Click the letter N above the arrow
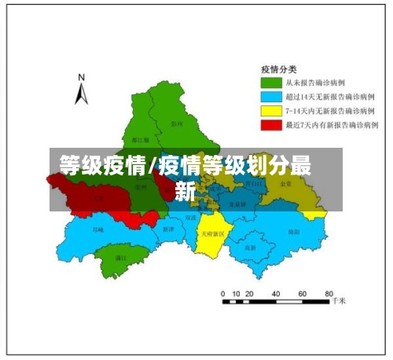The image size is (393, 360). pos(80,78)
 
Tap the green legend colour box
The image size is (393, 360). pos(271,83)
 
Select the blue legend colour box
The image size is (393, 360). pos(271,97)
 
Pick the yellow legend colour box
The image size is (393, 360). pos(271,111)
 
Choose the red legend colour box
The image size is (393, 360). pos(271,125)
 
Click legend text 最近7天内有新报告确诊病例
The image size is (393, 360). pos(332,125)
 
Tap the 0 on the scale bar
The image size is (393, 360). pos(224,292)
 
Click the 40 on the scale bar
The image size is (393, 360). pos(277,292)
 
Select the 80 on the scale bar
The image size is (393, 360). pos(329,292)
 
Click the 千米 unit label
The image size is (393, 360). pos(339,300)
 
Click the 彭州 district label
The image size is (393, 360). pos(176,123)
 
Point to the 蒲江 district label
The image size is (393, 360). pos(120,257)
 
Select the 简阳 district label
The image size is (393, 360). pos(293,232)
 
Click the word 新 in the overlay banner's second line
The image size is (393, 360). pos(185,190)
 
